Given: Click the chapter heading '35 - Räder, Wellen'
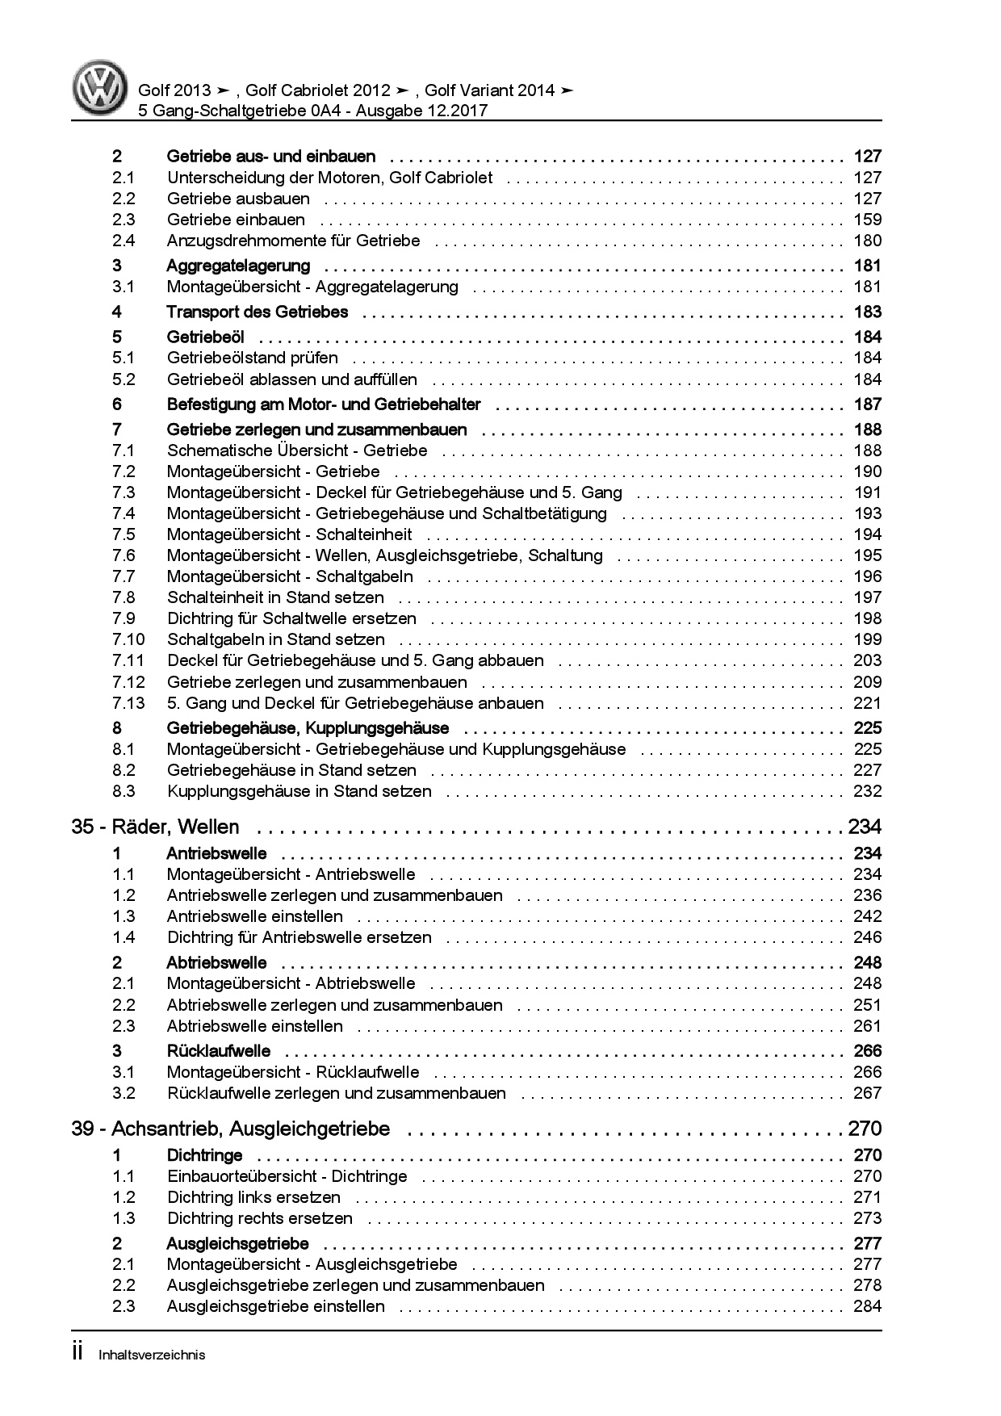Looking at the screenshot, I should [x=155, y=827].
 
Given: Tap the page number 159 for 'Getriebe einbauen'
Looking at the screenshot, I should [x=867, y=220].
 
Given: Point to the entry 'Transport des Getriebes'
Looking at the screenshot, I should [x=257, y=312].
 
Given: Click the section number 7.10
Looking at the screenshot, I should [x=128, y=639].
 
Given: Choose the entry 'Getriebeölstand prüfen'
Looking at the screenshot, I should [x=252, y=358].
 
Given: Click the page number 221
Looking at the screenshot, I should [x=867, y=703].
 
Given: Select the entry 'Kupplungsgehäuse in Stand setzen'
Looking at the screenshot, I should [x=299, y=791].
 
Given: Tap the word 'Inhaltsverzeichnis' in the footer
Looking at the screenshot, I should [x=152, y=1355].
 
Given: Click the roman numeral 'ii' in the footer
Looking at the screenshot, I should [x=78, y=1353].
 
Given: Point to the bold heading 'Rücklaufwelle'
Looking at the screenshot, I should [x=218, y=1051].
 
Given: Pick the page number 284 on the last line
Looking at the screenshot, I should [x=867, y=1306].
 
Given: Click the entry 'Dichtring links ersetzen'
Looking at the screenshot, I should [x=253, y=1197].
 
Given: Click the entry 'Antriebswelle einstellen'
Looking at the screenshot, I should [x=254, y=916].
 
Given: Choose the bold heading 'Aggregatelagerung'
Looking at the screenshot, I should [x=238, y=266].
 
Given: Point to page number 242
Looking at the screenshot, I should [x=867, y=916].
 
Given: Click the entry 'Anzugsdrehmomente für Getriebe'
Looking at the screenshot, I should [x=293, y=241].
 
